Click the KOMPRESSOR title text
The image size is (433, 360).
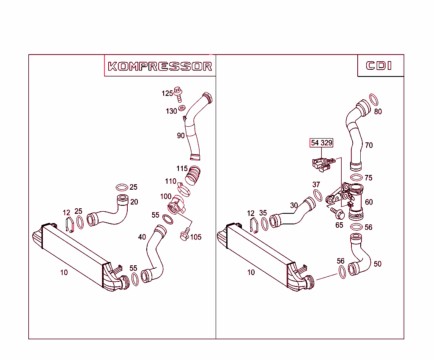[160, 66]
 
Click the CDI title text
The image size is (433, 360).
[379, 66]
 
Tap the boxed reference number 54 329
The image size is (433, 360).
[321, 143]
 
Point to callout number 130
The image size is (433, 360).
[171, 111]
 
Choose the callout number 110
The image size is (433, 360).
[170, 181]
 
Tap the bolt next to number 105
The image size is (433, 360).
[184, 235]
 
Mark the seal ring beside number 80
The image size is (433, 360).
[374, 100]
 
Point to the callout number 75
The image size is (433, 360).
[368, 178]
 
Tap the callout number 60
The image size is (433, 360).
[369, 202]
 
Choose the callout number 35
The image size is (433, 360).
[263, 213]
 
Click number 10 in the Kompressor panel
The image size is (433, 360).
[63, 273]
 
